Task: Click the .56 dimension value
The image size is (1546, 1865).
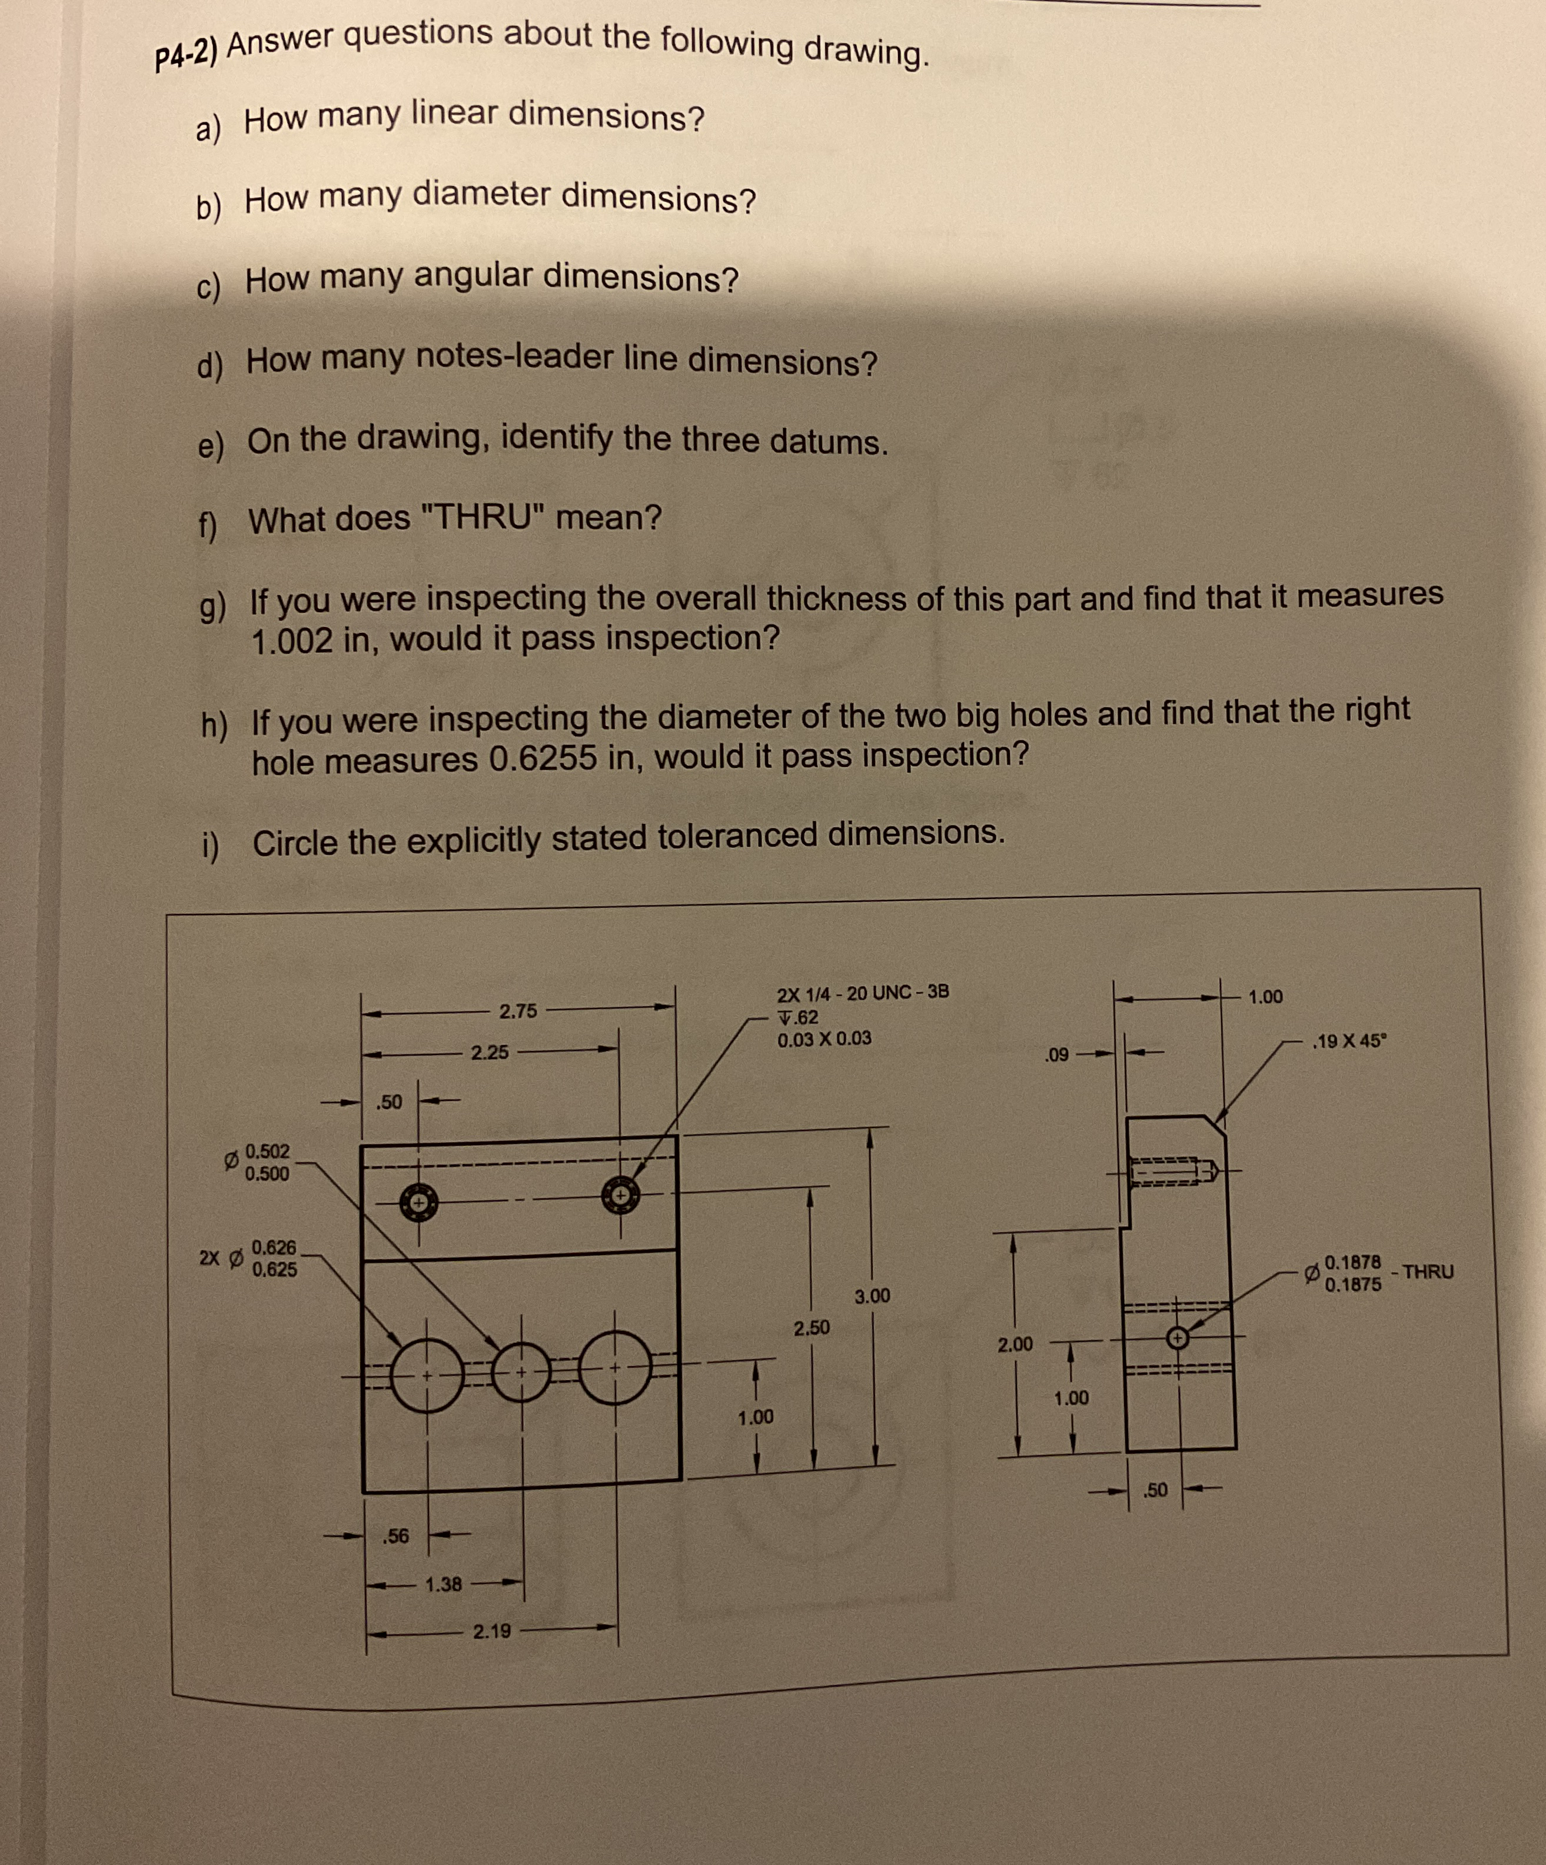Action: pyautogui.click(x=395, y=1536)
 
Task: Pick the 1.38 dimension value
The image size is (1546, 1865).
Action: pyautogui.click(x=443, y=1584)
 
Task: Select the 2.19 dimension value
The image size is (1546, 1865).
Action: pyautogui.click(x=491, y=1632)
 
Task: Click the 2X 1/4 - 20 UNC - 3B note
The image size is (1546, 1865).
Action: pyautogui.click(x=862, y=992)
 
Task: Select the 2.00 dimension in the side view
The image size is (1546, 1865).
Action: pyautogui.click(x=1015, y=1344)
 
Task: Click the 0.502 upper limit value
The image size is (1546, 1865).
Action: pyautogui.click(x=267, y=1151)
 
